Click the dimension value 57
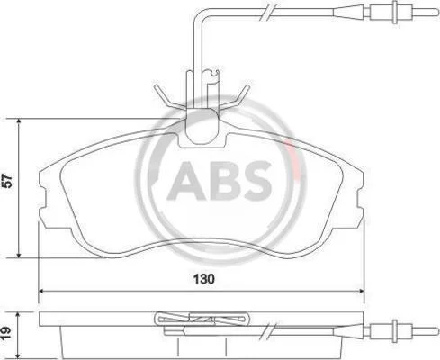tap(8, 181)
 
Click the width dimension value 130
tap(204, 279)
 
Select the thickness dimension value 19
tap(6, 333)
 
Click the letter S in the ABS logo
tap(256, 181)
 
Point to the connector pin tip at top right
tap(437, 12)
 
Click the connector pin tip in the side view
tap(437, 331)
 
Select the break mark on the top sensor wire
tap(268, 13)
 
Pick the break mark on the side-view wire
tap(268, 331)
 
